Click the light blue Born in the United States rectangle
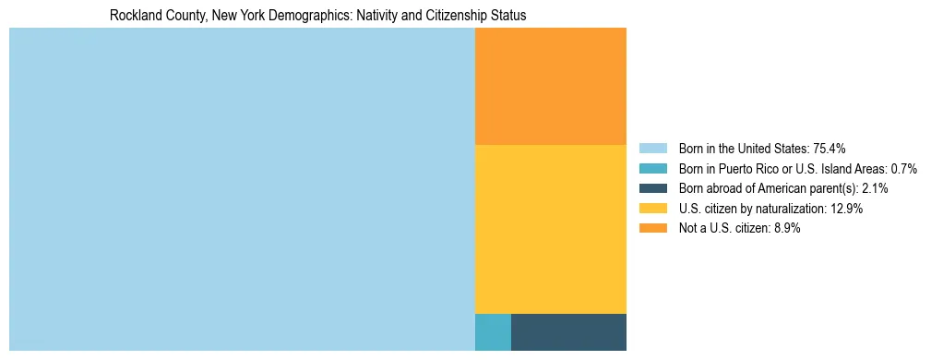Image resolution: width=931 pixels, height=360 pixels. (242, 189)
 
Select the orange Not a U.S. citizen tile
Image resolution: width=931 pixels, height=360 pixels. (550, 86)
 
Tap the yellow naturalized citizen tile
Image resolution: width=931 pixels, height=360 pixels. (550, 229)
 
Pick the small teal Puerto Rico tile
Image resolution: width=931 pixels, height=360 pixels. (493, 332)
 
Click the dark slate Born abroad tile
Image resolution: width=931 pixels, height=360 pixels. (568, 332)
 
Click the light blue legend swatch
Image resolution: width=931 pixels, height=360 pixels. (652, 149)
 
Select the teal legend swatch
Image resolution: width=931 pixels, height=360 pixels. (652, 169)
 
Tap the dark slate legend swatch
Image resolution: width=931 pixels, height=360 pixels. (652, 188)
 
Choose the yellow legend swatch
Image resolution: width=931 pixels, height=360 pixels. (652, 209)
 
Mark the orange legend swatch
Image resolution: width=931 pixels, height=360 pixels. (652, 229)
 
